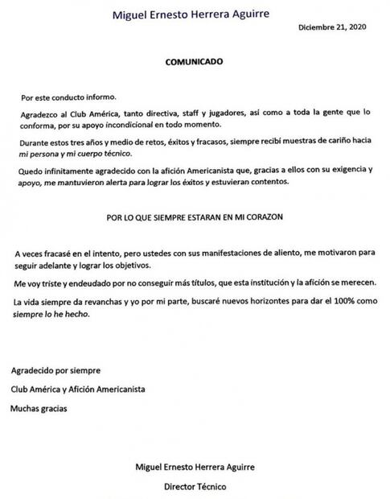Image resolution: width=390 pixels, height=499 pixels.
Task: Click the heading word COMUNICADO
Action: (x=194, y=60)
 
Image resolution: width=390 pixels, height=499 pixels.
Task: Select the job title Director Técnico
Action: (x=195, y=486)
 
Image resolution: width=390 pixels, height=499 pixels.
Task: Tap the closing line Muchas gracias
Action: (x=39, y=407)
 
